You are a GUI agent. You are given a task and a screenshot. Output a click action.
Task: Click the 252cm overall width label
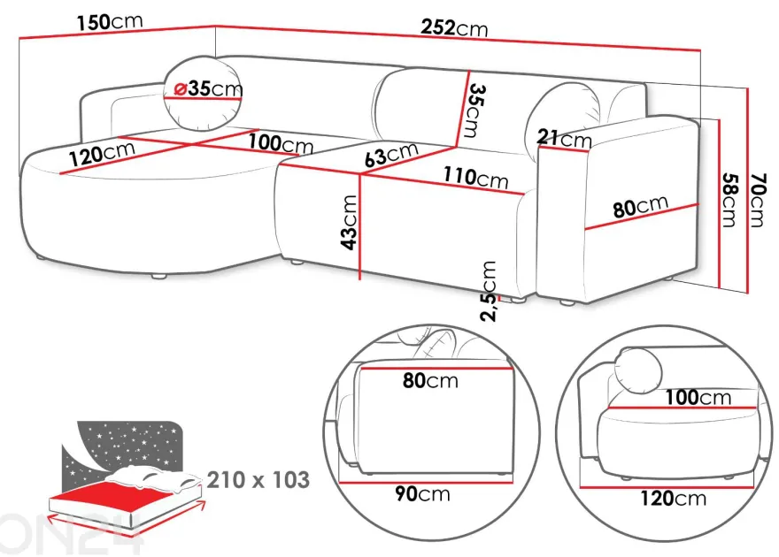click(454, 27)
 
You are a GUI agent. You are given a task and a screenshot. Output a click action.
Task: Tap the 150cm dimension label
click(110, 22)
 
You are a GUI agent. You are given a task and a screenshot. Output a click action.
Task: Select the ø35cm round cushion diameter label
click(209, 88)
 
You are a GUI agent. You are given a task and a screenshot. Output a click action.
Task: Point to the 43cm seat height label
click(350, 222)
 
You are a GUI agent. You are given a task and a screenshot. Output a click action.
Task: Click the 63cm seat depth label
click(391, 154)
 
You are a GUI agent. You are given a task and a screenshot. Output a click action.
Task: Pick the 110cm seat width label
click(476, 177)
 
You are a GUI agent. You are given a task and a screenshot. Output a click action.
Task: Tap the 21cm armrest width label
click(565, 138)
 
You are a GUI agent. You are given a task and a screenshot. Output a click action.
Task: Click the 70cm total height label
click(757, 200)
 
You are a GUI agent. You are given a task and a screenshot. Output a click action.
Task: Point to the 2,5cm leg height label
click(490, 291)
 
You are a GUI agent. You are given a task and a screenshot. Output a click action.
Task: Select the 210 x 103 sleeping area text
click(258, 479)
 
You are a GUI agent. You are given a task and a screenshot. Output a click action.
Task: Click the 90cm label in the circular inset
click(423, 493)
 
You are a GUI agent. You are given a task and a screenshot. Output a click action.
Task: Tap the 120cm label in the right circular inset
click(673, 498)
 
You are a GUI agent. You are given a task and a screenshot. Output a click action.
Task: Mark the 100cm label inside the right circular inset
click(698, 397)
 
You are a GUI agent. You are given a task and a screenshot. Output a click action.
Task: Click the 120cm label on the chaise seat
click(102, 153)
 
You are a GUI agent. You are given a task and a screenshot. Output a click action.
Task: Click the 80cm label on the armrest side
click(640, 206)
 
